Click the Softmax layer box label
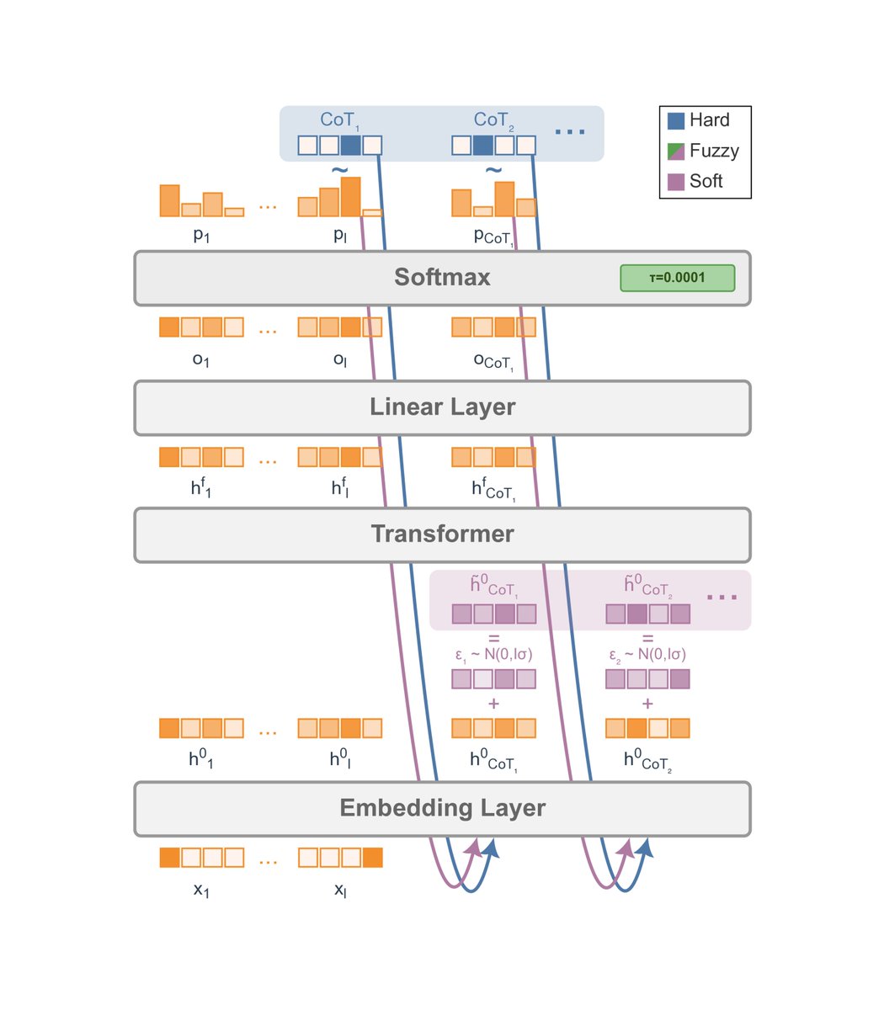tap(442, 278)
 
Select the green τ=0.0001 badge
tap(677, 278)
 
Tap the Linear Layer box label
tap(442, 407)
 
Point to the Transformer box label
tap(442, 534)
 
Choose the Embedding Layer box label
tap(442, 808)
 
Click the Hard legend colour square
tap(675, 120)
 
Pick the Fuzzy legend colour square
tap(675, 151)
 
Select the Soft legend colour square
tap(675, 182)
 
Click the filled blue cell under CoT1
tap(351, 146)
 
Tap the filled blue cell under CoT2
tap(482, 146)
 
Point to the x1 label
tap(200, 890)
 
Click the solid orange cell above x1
tap(170, 858)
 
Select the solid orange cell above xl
tap(372, 858)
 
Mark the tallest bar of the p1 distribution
tap(170, 200)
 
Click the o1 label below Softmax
tap(200, 359)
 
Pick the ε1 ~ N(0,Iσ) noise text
tap(493, 654)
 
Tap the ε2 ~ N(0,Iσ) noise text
tap(647, 654)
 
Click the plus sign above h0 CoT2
tap(647, 704)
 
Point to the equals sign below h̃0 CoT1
tap(493, 638)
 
